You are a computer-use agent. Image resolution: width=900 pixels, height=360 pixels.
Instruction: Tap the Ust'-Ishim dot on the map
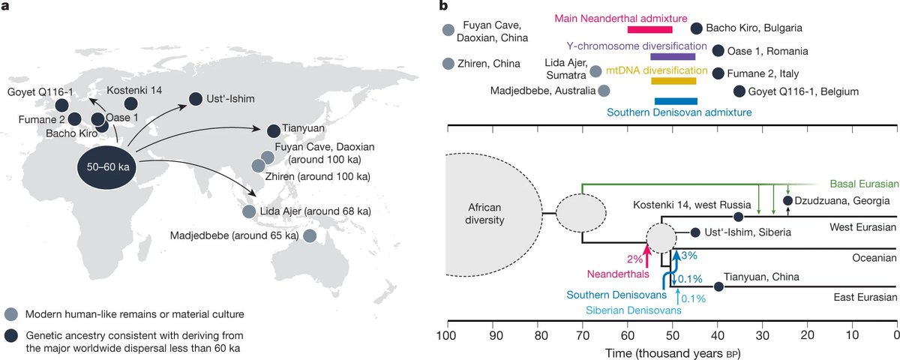[x=195, y=98]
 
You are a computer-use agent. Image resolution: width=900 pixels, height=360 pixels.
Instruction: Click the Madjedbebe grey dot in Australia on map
[x=310, y=236]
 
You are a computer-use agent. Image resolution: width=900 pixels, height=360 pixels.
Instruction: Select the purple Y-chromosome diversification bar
[x=673, y=56]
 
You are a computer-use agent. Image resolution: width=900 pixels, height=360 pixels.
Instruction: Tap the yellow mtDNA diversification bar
[x=673, y=81]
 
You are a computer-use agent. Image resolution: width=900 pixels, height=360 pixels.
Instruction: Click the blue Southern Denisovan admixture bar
[x=676, y=101]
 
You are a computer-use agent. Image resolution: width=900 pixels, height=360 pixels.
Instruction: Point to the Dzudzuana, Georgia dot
[x=787, y=200]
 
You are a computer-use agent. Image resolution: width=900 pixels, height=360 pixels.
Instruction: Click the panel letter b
[x=444, y=7]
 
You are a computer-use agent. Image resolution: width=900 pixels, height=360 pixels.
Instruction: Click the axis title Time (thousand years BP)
[x=672, y=352]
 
